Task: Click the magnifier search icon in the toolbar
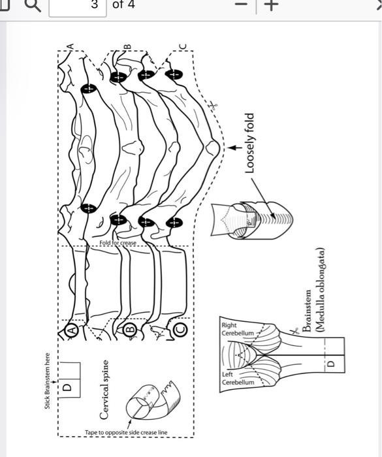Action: [x=32, y=6]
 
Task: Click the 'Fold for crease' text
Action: [x=118, y=242]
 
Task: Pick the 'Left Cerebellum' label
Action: [x=236, y=378]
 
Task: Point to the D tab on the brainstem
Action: [x=330, y=363]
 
